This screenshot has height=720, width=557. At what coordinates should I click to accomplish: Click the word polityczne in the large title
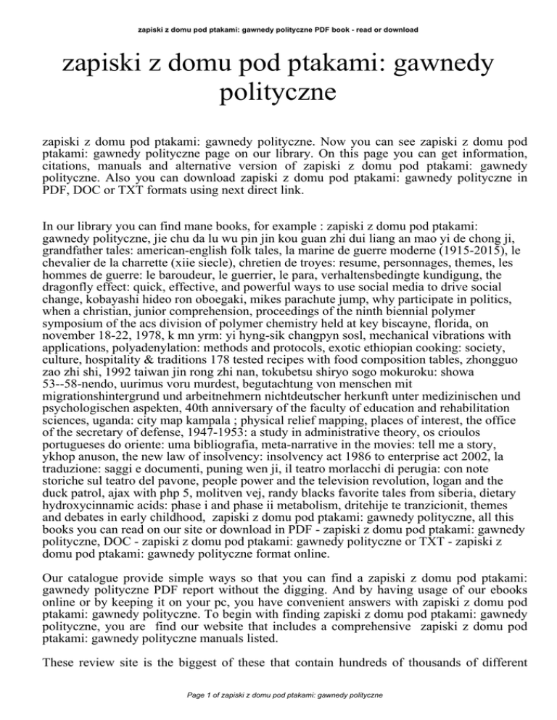278,93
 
